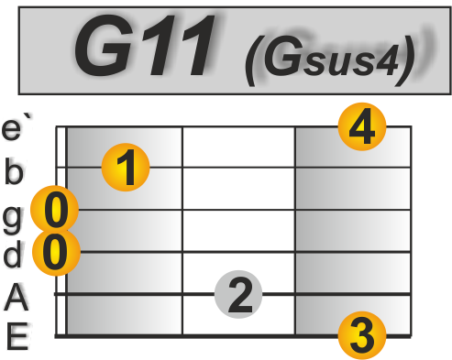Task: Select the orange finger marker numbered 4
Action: tap(362, 127)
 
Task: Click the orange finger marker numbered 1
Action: tap(126, 167)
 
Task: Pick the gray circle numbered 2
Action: tap(239, 295)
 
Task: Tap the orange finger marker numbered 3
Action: tap(362, 335)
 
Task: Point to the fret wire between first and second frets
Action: tap(182, 229)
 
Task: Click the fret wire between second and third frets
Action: tap(295, 229)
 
